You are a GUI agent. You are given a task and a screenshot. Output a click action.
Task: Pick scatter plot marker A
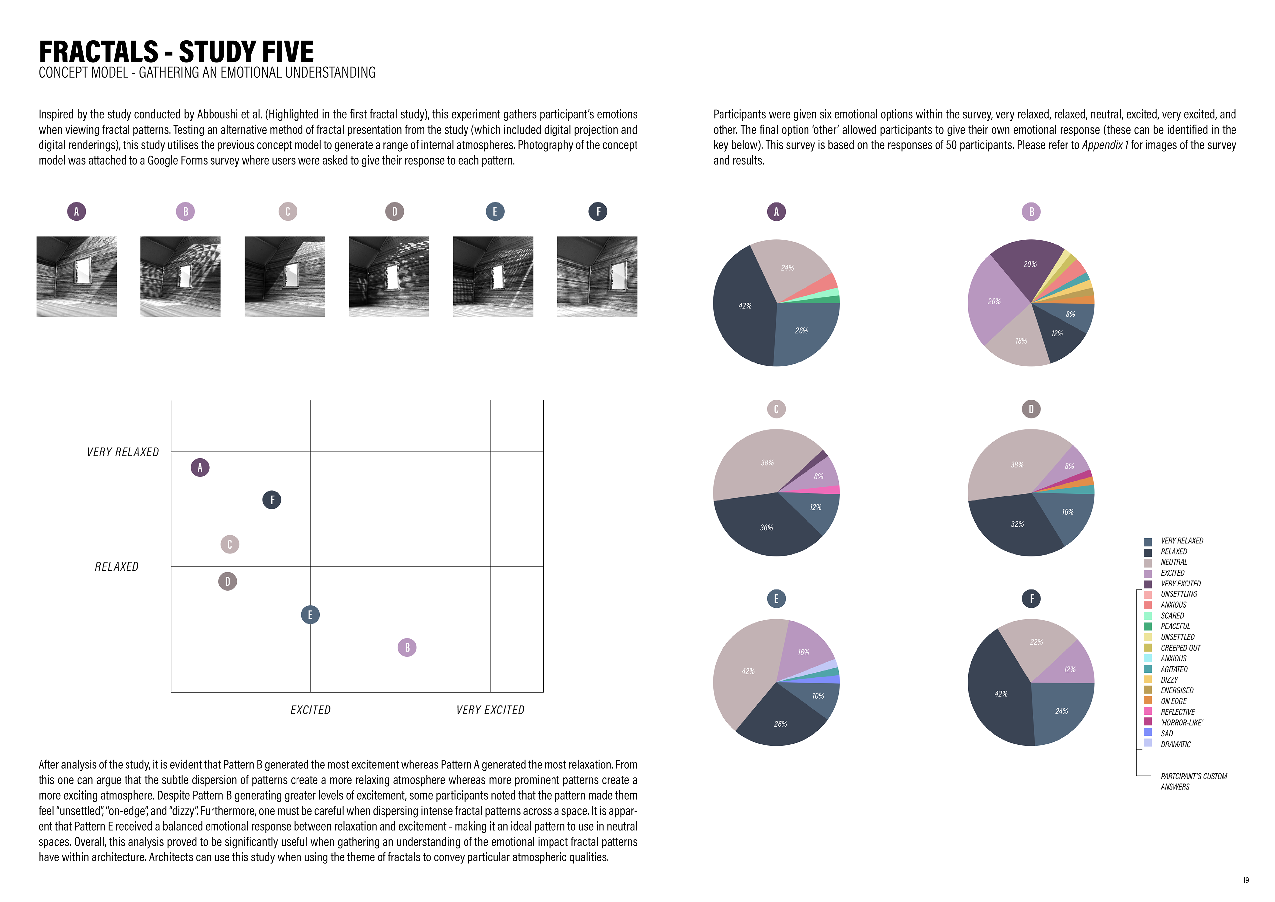click(x=200, y=468)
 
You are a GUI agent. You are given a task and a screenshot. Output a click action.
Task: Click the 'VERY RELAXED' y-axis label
click(x=123, y=452)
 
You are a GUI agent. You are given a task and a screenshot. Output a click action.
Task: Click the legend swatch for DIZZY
click(x=1148, y=679)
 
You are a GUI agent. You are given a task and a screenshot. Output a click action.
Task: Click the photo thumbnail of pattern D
click(x=389, y=277)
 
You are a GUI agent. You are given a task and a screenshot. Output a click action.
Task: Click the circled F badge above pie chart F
click(x=1031, y=599)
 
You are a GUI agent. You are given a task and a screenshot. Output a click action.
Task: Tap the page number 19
click(x=1245, y=880)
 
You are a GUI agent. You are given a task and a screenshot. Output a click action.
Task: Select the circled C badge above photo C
click(x=287, y=212)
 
